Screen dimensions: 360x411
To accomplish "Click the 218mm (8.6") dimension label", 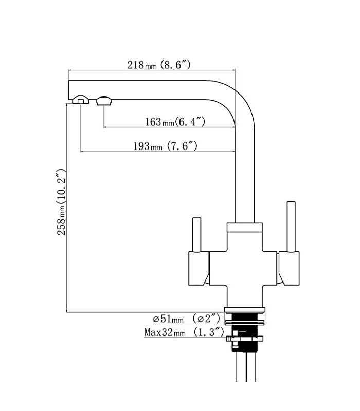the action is pos(159,65).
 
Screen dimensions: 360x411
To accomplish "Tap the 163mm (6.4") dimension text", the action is pos(175,122).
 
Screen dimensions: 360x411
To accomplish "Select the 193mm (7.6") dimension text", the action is pos(165,146).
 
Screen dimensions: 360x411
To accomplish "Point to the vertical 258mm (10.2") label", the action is pos(61,202).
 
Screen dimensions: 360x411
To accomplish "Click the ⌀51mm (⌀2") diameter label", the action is pos(187,319).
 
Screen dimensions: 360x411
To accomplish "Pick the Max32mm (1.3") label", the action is pos(184,332).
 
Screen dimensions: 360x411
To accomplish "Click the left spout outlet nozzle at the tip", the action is pos(81,100).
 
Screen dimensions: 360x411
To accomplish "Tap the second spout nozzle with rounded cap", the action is pos(104,100).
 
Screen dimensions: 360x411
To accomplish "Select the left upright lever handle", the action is pos(197,235).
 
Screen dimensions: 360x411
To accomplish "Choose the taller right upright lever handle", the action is pos(291,227).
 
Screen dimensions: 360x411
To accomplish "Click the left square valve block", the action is pos(199,268).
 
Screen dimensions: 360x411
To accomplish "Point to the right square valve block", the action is pos(289,268).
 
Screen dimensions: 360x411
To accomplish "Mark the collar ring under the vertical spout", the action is pos(245,228).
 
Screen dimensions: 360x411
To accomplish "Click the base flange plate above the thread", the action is pos(245,310).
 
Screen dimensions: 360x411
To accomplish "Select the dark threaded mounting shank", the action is pos(244,331).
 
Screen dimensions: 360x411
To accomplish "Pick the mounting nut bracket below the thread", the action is pos(245,339).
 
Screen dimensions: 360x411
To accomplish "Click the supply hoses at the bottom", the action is pos(246,366).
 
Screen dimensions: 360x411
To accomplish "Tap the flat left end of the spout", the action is pos(69,90).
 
